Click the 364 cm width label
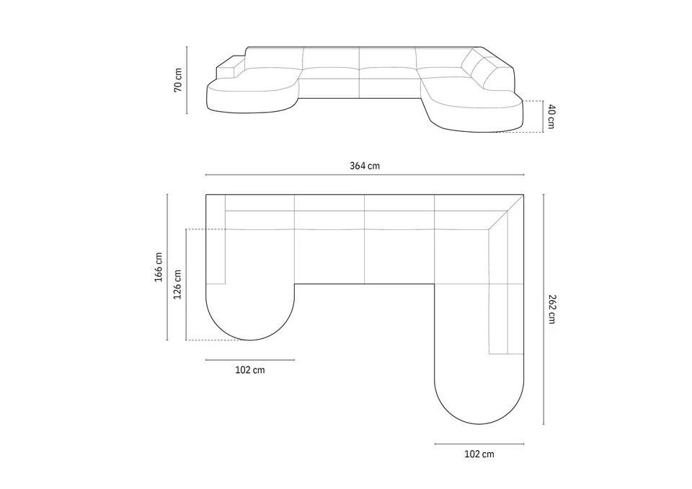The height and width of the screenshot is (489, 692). pyautogui.click(x=365, y=166)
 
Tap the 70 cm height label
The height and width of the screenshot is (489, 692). pyautogui.click(x=178, y=80)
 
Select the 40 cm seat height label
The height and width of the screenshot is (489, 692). pyautogui.click(x=551, y=116)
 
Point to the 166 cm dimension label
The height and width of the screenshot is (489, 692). pyautogui.click(x=159, y=268)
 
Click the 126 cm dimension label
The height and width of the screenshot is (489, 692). pyautogui.click(x=177, y=284)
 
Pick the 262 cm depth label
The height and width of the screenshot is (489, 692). pyautogui.click(x=551, y=309)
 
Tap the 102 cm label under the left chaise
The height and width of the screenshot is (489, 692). pyautogui.click(x=250, y=370)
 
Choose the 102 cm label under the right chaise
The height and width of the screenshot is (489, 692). pyautogui.click(x=479, y=454)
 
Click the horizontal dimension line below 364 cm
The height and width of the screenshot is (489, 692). pyautogui.click(x=365, y=175)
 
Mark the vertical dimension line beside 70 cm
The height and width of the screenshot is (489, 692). pyautogui.click(x=187, y=80)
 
